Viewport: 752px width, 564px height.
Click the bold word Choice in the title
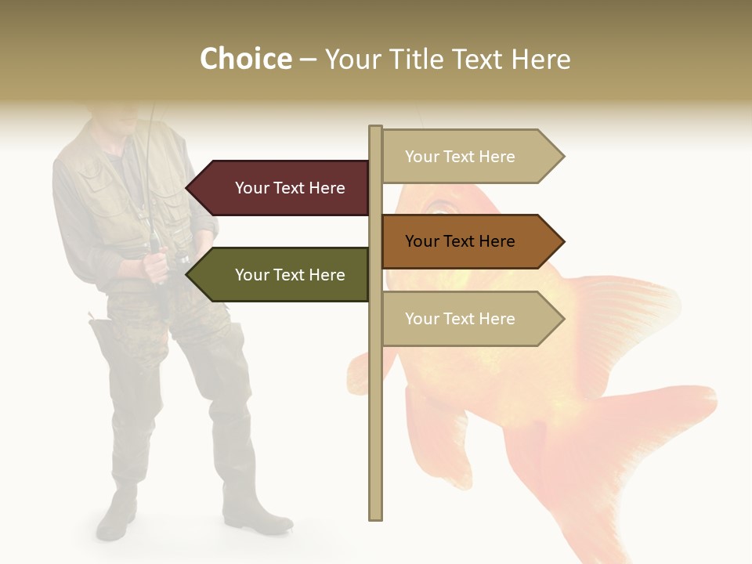pos(245,59)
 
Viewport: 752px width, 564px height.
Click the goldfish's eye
pos(442,207)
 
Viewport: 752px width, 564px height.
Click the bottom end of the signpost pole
pos(375,515)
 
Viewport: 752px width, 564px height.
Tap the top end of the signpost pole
pos(375,129)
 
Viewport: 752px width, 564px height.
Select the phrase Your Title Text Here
pos(447,59)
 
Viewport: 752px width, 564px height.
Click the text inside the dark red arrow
pos(290,188)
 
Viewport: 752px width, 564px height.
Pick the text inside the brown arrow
pos(460,241)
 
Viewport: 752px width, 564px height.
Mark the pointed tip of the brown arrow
pos(563,241)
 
